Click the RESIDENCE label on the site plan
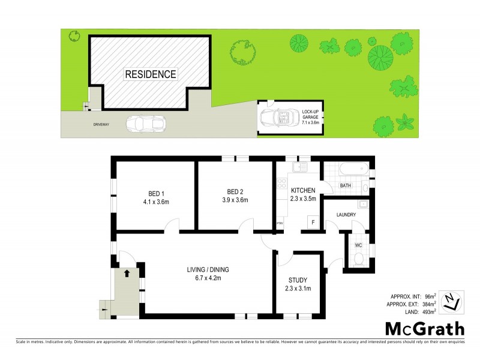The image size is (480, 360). click(x=151, y=74)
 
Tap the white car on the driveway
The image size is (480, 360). click(x=146, y=124)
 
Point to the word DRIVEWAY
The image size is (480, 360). click(x=101, y=125)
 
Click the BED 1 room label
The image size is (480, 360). click(x=156, y=193)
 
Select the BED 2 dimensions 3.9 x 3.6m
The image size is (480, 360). click(x=235, y=200)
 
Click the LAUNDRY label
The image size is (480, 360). click(x=346, y=215)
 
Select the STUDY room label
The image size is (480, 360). click(x=298, y=280)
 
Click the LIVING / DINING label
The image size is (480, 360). click(x=208, y=269)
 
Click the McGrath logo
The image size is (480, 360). click(x=424, y=328)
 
